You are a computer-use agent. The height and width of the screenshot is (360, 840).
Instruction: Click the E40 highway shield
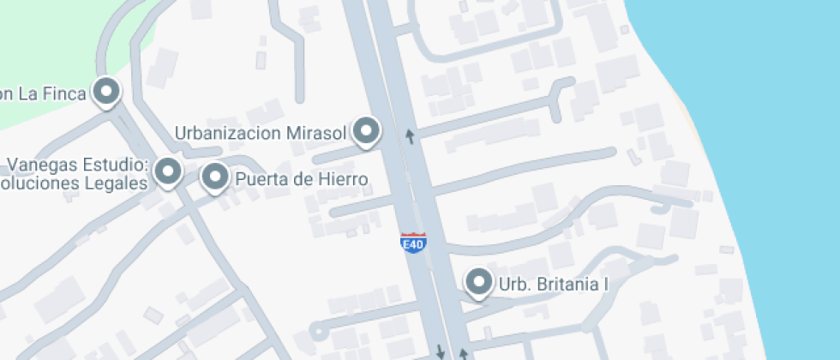(x=414, y=243)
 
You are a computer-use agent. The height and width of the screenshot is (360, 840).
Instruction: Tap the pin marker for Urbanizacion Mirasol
(x=367, y=131)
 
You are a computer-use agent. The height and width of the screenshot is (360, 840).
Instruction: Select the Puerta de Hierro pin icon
(x=214, y=177)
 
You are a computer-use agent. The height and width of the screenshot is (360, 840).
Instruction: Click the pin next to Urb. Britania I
(x=477, y=281)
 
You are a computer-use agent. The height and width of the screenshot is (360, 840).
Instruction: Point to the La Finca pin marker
(x=106, y=91)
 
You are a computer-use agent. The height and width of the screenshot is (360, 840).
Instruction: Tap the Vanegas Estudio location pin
(x=168, y=171)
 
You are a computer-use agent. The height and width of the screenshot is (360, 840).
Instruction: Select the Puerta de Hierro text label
(x=302, y=180)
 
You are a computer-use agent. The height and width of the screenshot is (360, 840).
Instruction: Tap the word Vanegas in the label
(x=37, y=165)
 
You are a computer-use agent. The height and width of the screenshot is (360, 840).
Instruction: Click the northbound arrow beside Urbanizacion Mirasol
(x=410, y=135)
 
